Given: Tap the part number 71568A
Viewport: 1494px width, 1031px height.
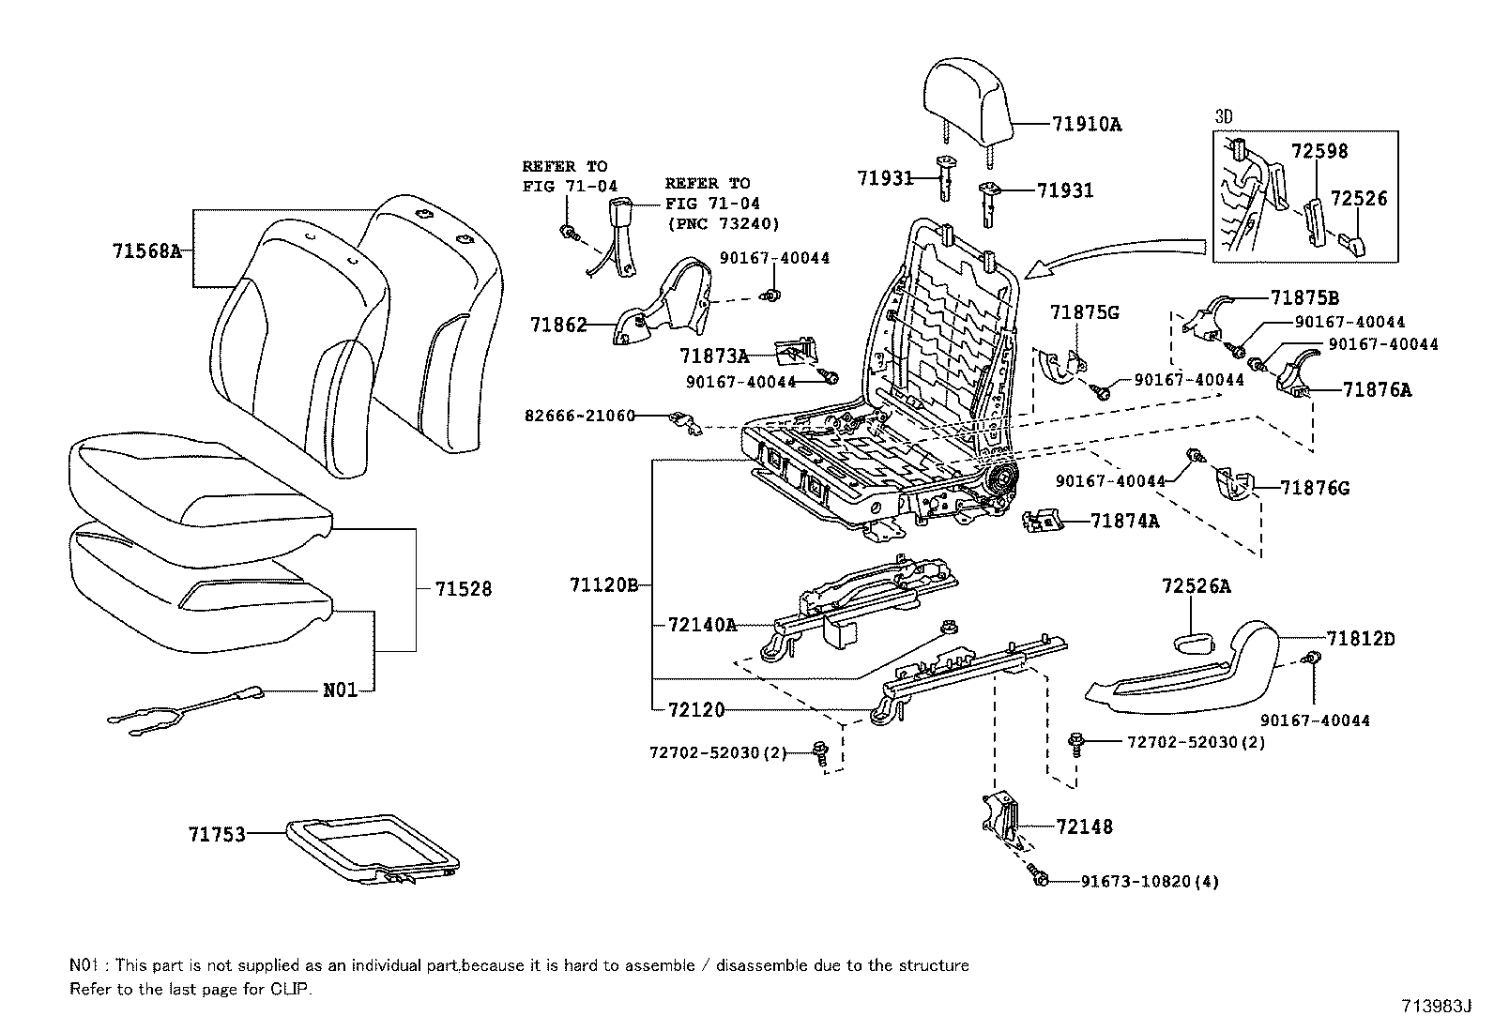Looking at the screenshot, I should coord(145,250).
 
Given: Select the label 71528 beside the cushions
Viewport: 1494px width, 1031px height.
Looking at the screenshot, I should coord(464,589).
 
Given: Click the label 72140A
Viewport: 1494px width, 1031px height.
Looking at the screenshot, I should coord(702,624).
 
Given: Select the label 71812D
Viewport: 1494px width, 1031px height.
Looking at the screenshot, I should coord(1362,640).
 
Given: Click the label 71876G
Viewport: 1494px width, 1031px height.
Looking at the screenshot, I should coord(1315,488).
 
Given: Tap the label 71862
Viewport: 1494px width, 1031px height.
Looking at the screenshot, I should coord(558,326).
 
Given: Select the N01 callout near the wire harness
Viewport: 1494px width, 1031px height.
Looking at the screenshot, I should coord(341,690).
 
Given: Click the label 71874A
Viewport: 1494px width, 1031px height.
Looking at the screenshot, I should coord(1124,521).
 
